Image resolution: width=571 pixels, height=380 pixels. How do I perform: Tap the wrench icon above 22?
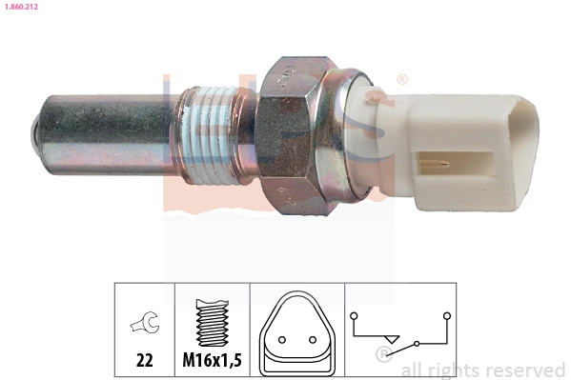[x=145, y=325]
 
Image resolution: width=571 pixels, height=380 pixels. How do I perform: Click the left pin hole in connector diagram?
[x=282, y=338]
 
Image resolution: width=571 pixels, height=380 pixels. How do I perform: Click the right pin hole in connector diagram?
[x=311, y=338]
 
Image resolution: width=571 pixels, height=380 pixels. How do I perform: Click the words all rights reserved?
[x=483, y=370]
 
